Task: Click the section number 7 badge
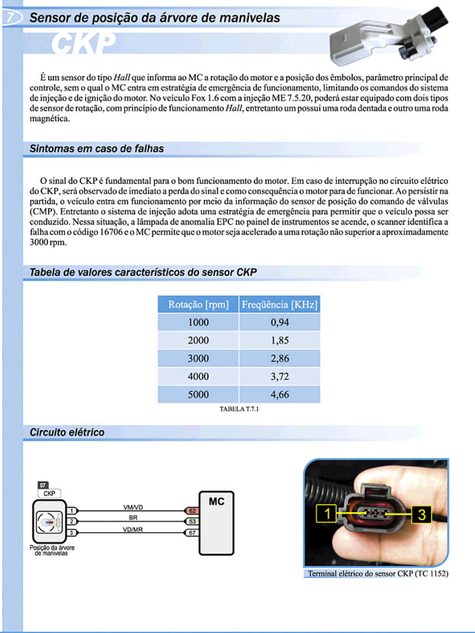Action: point(11,18)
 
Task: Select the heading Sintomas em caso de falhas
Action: point(97,149)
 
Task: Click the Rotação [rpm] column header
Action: point(198,304)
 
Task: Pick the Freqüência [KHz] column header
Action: point(279,304)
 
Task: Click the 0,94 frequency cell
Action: point(280,323)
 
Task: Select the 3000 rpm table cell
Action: point(198,359)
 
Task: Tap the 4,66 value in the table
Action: point(280,395)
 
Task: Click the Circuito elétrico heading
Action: point(67,432)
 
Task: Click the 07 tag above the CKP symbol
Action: point(43,484)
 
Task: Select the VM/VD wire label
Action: point(133,507)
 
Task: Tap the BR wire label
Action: point(133,517)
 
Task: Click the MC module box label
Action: point(216,502)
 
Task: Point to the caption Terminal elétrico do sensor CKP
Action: point(377,574)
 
